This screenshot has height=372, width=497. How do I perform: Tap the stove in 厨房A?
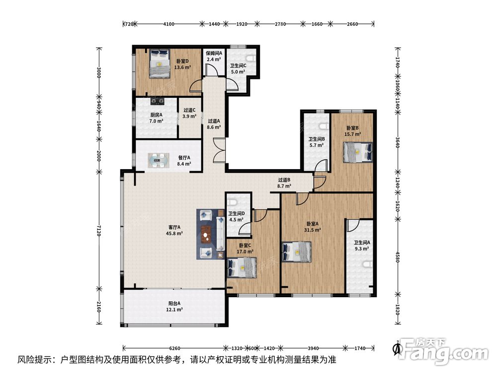pyautogui.click(x=158, y=101)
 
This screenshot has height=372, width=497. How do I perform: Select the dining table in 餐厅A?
pyautogui.click(x=158, y=160)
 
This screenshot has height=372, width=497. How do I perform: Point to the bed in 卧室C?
pyautogui.click(x=242, y=268)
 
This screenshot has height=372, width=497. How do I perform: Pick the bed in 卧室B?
pyautogui.click(x=357, y=152)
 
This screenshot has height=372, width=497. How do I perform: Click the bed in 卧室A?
pyautogui.click(x=296, y=252)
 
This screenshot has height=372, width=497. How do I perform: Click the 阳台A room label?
pyautogui.click(x=174, y=303)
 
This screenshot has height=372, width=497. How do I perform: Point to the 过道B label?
pyautogui.click(x=284, y=180)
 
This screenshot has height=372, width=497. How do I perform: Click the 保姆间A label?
pyautogui.click(x=214, y=53)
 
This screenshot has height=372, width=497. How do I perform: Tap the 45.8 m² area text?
pyautogui.click(x=174, y=234)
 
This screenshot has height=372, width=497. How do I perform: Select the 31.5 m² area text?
pyautogui.click(x=312, y=230)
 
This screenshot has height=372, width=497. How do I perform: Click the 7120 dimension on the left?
pyautogui.click(x=99, y=231)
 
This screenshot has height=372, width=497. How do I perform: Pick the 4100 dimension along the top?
pyautogui.click(x=168, y=24)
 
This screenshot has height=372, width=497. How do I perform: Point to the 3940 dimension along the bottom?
pyautogui.click(x=313, y=348)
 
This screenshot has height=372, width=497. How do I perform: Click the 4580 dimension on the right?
pyautogui.click(x=398, y=256)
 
